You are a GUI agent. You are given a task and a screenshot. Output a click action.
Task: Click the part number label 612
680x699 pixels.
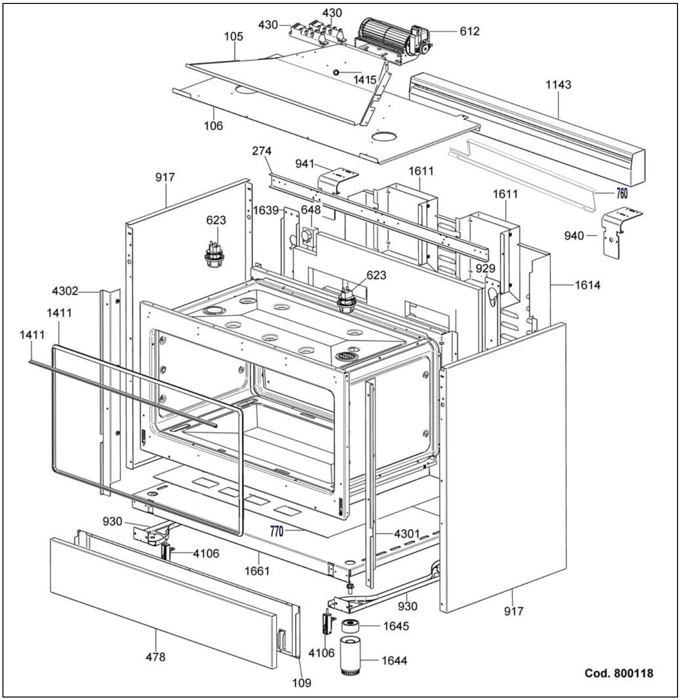pyautogui.click(x=469, y=31)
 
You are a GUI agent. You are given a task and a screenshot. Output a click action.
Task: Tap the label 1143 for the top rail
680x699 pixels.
pyautogui.click(x=558, y=85)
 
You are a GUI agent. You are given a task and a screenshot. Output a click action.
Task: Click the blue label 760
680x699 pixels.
pyautogui.click(x=622, y=193)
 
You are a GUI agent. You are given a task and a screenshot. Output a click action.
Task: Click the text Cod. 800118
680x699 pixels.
pyautogui.click(x=618, y=673)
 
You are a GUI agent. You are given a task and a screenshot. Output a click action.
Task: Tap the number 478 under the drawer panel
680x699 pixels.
pyautogui.click(x=156, y=657)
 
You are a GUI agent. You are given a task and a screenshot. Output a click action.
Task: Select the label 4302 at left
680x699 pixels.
pyautogui.click(x=65, y=291)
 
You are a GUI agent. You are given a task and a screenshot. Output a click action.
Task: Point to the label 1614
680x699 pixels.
pyautogui.click(x=587, y=285)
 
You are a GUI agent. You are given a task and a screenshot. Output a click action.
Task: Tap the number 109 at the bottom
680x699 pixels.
pyautogui.click(x=301, y=683)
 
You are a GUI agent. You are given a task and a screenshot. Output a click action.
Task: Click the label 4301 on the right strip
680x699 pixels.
pyautogui.click(x=407, y=534)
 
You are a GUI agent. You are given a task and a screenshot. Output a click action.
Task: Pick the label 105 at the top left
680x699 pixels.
pyautogui.click(x=233, y=36)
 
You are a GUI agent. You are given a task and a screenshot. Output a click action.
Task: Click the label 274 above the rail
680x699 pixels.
pyautogui.click(x=261, y=151)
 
